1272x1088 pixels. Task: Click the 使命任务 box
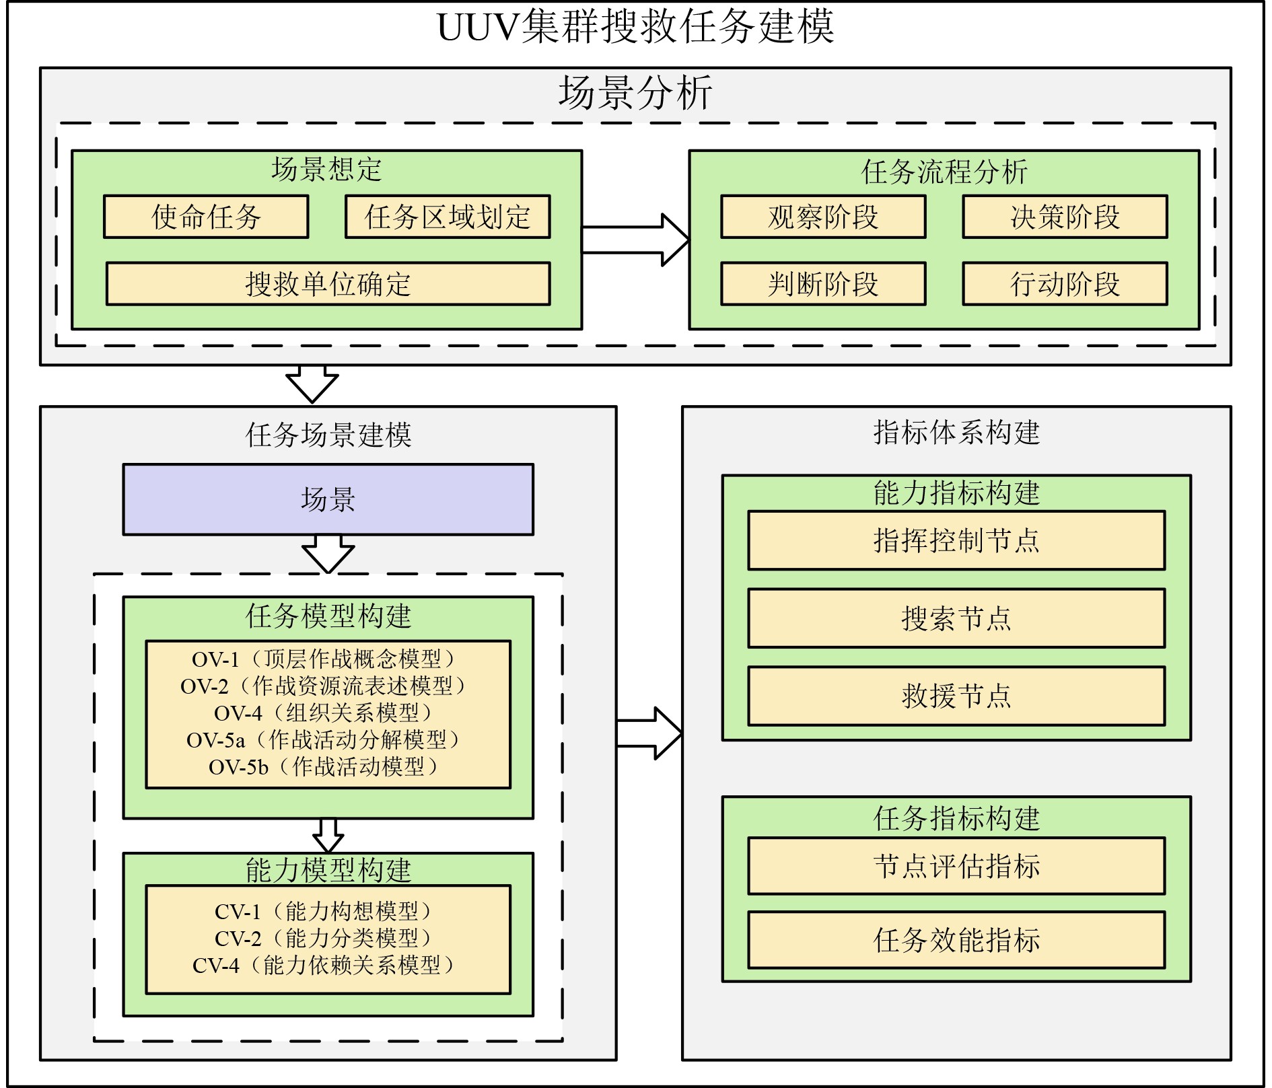pyautogui.click(x=206, y=217)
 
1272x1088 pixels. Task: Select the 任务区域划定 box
pyautogui.click(x=448, y=217)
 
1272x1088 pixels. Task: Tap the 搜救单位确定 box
pyautogui.click(x=328, y=284)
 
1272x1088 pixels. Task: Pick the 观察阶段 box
pyautogui.click(x=823, y=217)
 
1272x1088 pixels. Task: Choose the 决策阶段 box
pyautogui.click(x=1065, y=217)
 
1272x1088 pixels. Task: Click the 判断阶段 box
pyautogui.click(x=823, y=284)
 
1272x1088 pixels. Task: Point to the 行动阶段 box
pyautogui.click(x=1065, y=284)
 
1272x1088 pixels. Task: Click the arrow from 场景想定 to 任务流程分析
pyautogui.click(x=636, y=240)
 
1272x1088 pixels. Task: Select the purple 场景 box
pyautogui.click(x=328, y=499)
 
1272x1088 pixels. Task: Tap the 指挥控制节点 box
pyautogui.click(x=956, y=540)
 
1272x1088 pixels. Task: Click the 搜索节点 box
pyautogui.click(x=956, y=618)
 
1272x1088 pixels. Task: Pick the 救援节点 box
pyautogui.click(x=956, y=696)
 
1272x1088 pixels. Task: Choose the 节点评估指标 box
pyautogui.click(x=956, y=866)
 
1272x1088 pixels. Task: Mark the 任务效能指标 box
pyautogui.click(x=956, y=940)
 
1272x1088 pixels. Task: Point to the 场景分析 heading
pyautogui.click(x=635, y=93)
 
